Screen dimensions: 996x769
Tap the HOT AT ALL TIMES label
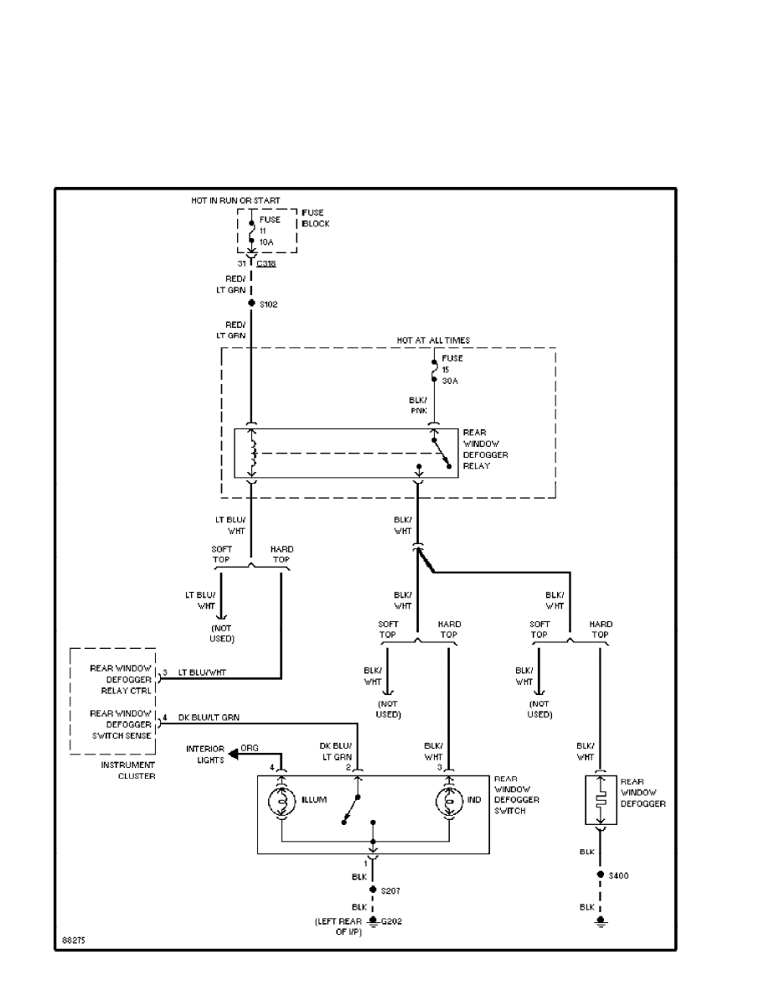[x=433, y=340]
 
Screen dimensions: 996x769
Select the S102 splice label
[x=268, y=304]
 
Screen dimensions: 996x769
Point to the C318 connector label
[x=266, y=263]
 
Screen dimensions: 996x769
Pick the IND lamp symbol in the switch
[x=448, y=801]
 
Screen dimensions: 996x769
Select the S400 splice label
[x=619, y=875]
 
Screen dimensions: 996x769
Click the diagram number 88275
[x=73, y=940]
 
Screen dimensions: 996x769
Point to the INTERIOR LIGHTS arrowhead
[x=232, y=754]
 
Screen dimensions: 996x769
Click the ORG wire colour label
[x=250, y=747]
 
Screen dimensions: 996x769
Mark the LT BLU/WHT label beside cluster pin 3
[x=202, y=672]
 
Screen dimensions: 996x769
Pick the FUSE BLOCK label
[x=315, y=219]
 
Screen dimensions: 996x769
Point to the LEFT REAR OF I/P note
[x=338, y=926]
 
